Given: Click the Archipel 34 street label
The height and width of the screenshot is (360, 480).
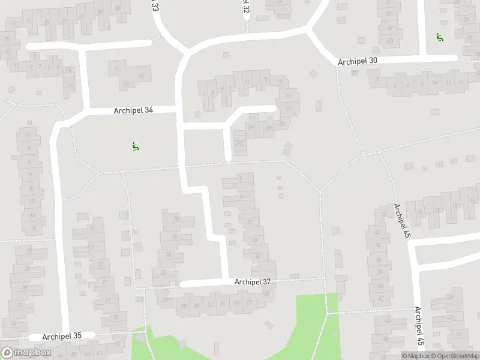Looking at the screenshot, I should pyautogui.click(x=133, y=110).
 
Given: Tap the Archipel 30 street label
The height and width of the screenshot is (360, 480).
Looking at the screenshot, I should pyautogui.click(x=358, y=61).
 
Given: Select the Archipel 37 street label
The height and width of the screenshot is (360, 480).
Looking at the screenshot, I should pyautogui.click(x=253, y=281).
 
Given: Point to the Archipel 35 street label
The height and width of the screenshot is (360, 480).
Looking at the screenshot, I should pyautogui.click(x=61, y=336).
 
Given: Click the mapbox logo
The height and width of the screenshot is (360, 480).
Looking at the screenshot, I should pyautogui.click(x=26, y=353).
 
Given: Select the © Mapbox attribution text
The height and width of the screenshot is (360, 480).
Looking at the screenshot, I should pyautogui.click(x=415, y=356).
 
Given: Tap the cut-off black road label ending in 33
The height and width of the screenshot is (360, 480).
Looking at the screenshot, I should pyautogui.click(x=155, y=6).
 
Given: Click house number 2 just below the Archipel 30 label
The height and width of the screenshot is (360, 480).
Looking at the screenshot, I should pyautogui.click(x=376, y=79).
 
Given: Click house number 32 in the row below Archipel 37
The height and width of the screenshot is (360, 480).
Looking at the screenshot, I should pyautogui.click(x=210, y=304).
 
